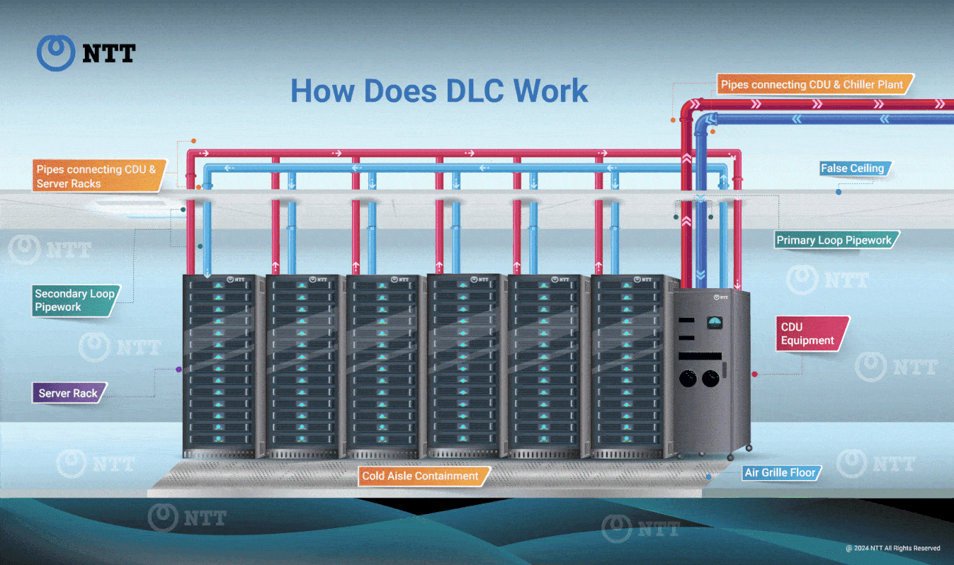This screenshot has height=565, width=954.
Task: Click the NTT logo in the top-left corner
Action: coord(86,53)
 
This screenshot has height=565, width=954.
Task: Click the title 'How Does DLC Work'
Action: coord(439,91)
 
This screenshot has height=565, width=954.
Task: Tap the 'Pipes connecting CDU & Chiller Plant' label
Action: coord(812,84)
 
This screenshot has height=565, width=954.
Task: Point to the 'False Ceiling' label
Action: coord(852,169)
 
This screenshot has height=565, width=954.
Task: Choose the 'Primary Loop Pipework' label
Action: coord(834,240)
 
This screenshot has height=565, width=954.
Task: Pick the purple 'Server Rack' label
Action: coord(68,393)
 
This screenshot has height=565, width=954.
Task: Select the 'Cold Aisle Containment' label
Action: coord(421,476)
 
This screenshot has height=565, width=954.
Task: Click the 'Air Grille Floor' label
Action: coord(780,472)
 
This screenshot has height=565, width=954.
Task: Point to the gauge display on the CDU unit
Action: coord(716,323)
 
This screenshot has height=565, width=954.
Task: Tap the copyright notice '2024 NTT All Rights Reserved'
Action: coord(893,548)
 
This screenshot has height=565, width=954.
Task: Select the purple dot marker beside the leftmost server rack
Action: coord(178,370)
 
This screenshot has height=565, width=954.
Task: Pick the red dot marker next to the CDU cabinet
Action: coord(755,373)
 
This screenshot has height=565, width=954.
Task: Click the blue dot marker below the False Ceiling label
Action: coord(839,192)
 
